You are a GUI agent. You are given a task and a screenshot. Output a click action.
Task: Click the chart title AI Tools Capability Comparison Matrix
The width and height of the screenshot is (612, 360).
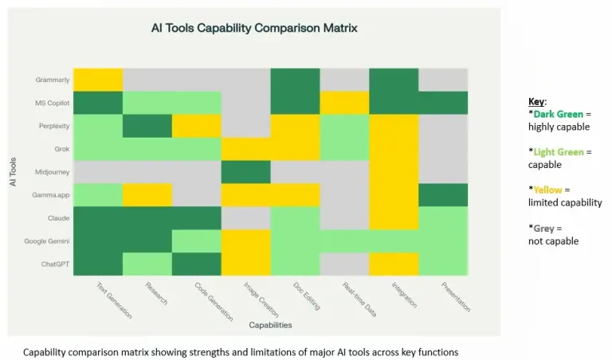click(x=254, y=28)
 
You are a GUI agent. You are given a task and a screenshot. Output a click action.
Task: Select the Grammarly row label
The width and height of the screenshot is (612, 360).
click(x=52, y=80)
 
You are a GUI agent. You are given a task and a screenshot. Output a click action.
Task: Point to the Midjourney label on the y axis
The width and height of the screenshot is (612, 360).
click(x=52, y=171)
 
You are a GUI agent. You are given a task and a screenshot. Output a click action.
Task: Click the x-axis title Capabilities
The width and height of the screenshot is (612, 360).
click(x=270, y=325)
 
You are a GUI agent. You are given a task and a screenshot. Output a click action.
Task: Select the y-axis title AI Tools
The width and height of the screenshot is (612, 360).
click(x=14, y=171)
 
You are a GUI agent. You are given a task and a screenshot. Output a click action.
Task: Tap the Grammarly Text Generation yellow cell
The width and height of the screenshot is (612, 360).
click(x=98, y=80)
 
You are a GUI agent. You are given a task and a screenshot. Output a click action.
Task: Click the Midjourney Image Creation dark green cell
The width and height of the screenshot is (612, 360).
click(x=246, y=171)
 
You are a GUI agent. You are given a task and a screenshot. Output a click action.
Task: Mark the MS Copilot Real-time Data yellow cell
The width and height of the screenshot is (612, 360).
click(x=344, y=103)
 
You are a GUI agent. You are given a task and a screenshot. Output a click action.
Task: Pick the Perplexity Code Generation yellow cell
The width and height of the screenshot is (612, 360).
click(x=197, y=126)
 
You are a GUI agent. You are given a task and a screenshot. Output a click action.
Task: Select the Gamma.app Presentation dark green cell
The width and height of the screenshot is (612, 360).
click(x=443, y=194)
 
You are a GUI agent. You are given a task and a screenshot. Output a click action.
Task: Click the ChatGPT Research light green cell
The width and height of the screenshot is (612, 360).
click(x=147, y=264)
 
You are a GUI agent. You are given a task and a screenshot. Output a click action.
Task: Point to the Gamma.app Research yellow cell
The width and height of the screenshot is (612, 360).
click(x=147, y=194)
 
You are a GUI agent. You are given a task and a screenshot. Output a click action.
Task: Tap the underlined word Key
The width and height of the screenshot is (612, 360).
click(x=535, y=102)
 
